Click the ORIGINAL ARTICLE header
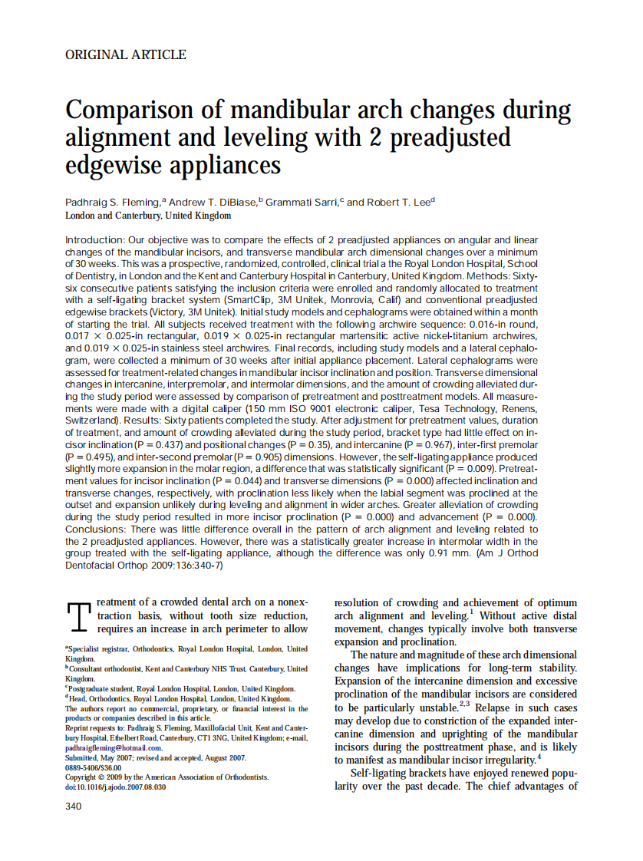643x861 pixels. pyautogui.click(x=126, y=54)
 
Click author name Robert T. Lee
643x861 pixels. pyautogui.click(x=399, y=203)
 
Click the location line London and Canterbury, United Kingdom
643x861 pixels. pyautogui.click(x=142, y=217)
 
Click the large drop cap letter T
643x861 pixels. pyautogui.click(x=79, y=619)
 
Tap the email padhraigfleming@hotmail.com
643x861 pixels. pyautogui.click(x=114, y=747)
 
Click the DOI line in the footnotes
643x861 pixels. pyautogui.click(x=115, y=787)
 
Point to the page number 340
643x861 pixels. pyautogui.click(x=74, y=806)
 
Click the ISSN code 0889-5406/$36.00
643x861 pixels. pyautogui.click(x=94, y=767)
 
